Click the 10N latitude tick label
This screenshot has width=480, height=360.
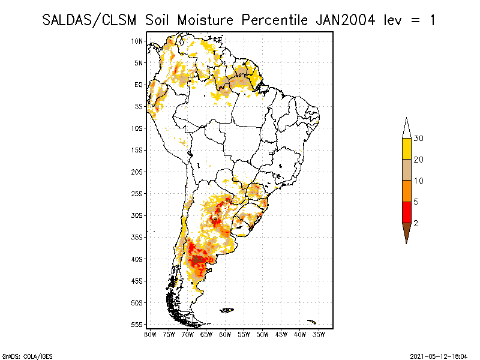click(x=137, y=41)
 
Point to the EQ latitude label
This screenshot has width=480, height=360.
click(x=139, y=85)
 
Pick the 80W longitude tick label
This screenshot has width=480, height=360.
click(x=150, y=335)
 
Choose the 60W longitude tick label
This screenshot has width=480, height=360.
click(x=226, y=335)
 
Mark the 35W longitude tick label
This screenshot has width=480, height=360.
click(x=319, y=335)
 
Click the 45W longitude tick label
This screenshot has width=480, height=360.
click(x=281, y=335)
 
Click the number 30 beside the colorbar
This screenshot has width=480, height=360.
click(x=419, y=139)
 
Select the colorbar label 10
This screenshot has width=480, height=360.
click(x=419, y=181)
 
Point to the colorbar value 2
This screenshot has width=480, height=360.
click(x=416, y=223)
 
